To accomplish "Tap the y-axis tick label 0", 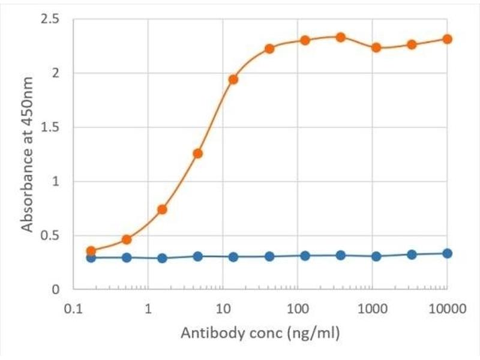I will (x=55, y=289).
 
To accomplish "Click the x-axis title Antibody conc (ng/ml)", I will (x=259, y=331).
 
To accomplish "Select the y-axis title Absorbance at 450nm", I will (x=27, y=154).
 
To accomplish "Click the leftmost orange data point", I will (x=91, y=251).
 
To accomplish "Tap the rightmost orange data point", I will (x=447, y=39).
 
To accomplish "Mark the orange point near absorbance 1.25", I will (x=198, y=154).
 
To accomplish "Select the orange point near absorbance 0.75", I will (x=162, y=209).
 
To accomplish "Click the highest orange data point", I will (x=340, y=37).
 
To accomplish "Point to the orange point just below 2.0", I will (x=233, y=79).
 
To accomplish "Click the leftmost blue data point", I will (x=91, y=257).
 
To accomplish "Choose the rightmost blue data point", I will (x=447, y=253).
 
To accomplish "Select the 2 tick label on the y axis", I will (x=55, y=73).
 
